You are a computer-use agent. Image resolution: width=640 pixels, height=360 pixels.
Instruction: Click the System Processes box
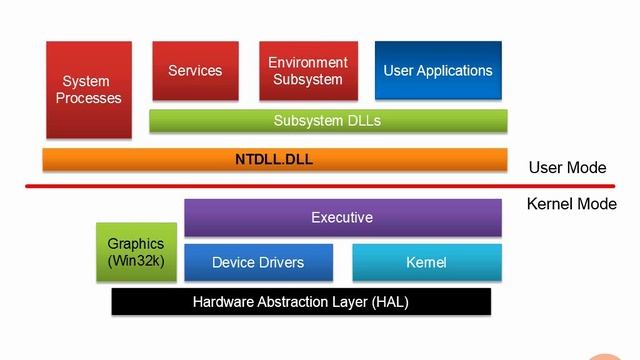[89, 90]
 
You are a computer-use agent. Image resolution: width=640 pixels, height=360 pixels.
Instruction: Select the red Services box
[195, 71]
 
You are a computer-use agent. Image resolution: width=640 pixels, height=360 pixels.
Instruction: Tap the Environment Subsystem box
[308, 71]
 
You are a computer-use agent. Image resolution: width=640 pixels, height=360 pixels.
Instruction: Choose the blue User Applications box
[438, 71]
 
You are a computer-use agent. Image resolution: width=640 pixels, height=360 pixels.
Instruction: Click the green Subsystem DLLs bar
[328, 121]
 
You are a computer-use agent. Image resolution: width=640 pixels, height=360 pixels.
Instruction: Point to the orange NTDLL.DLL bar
[274, 159]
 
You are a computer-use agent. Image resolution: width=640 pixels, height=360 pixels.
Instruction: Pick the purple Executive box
[342, 217]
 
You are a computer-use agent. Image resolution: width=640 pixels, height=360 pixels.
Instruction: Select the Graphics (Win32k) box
[135, 252]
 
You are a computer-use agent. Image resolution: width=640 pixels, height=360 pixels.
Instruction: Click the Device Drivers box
[258, 262]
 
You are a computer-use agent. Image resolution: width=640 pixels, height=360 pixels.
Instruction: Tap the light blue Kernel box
[426, 262]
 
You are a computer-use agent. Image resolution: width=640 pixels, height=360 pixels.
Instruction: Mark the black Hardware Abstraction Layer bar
[301, 301]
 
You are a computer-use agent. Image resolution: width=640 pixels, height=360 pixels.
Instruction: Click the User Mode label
[567, 168]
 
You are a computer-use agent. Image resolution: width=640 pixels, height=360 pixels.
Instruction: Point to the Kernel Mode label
[571, 204]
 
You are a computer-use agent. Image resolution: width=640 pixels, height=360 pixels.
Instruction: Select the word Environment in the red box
[308, 63]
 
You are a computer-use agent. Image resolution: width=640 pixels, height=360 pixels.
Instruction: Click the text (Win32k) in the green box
[135, 261]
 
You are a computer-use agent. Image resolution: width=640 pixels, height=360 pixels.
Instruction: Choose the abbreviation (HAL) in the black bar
[389, 301]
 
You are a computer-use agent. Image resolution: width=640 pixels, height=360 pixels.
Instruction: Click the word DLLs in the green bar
[363, 121]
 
